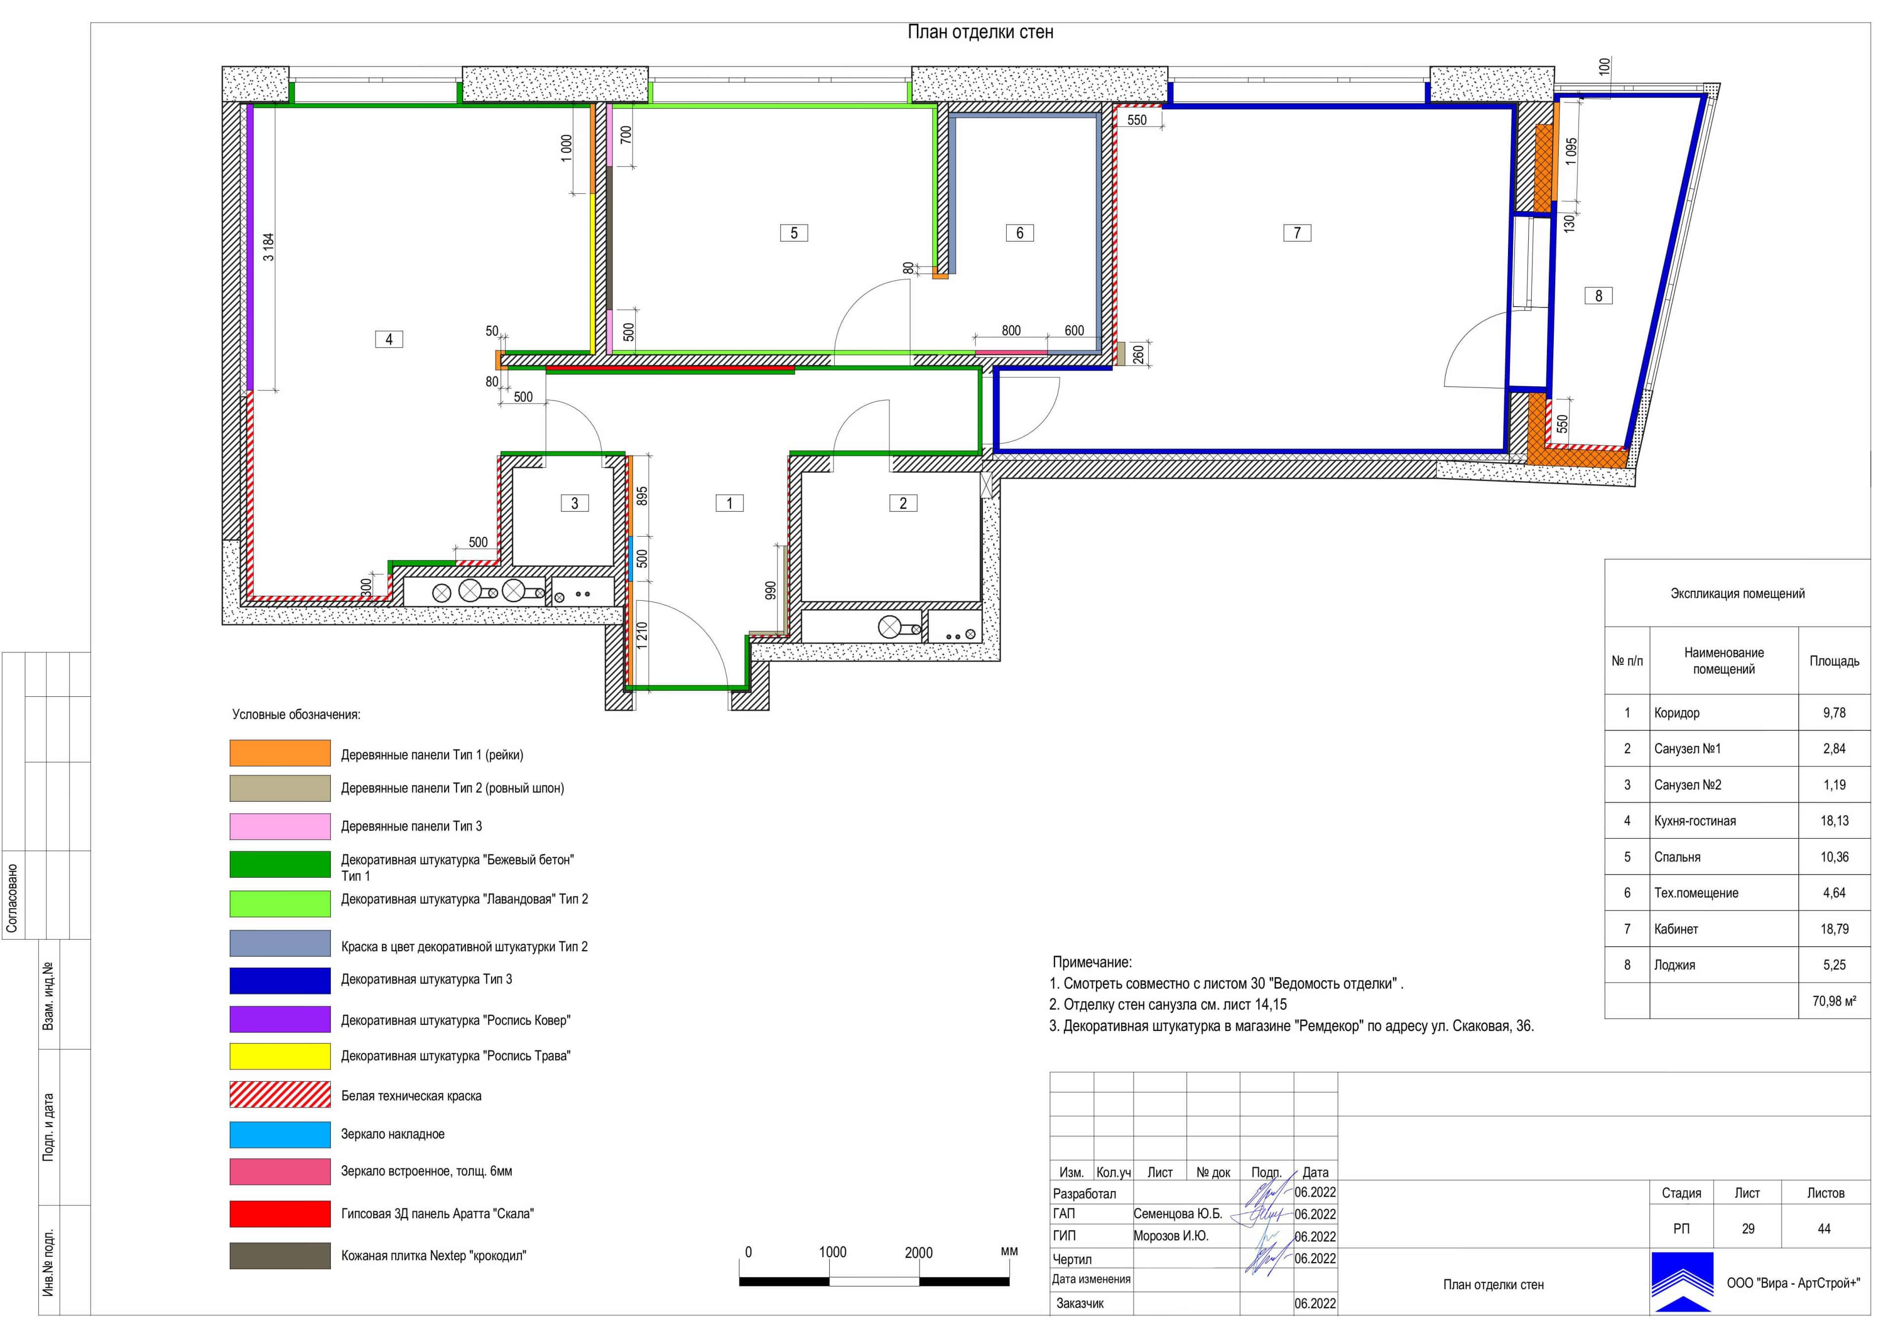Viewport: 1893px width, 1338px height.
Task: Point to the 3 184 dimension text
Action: [269, 247]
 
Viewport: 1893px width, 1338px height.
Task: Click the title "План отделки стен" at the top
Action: [981, 32]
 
